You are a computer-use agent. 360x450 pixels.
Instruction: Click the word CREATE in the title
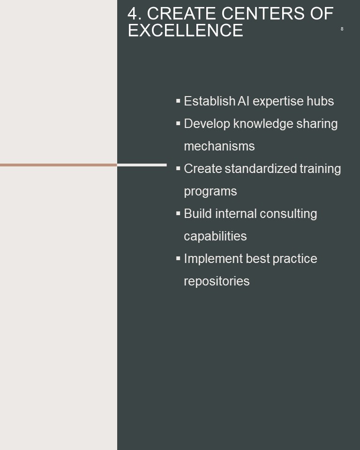[182, 14]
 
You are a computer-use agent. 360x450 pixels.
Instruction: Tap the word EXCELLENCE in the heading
[186, 30]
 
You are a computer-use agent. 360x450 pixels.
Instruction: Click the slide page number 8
[342, 29]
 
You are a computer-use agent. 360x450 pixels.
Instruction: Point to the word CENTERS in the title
[263, 14]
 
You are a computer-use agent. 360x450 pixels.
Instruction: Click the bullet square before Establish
[178, 101]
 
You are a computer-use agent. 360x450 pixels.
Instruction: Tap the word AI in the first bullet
[243, 101]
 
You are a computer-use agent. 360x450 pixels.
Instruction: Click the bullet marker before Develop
[178, 123]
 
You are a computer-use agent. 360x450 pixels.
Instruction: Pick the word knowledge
[263, 124]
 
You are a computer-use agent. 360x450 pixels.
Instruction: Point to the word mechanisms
[219, 146]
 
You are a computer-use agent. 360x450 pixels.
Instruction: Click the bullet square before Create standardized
[178, 168]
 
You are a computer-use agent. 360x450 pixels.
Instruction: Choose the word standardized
[261, 168]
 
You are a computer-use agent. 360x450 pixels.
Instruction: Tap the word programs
[210, 192]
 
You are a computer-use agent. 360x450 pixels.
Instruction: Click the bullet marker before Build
[178, 214]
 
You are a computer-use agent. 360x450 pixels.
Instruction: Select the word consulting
[288, 214]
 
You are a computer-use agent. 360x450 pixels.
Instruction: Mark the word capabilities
[215, 236]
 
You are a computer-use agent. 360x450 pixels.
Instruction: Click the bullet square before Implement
[178, 259]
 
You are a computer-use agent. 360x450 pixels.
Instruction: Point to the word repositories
[217, 281]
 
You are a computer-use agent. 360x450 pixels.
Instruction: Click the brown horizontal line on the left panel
[59, 165]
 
